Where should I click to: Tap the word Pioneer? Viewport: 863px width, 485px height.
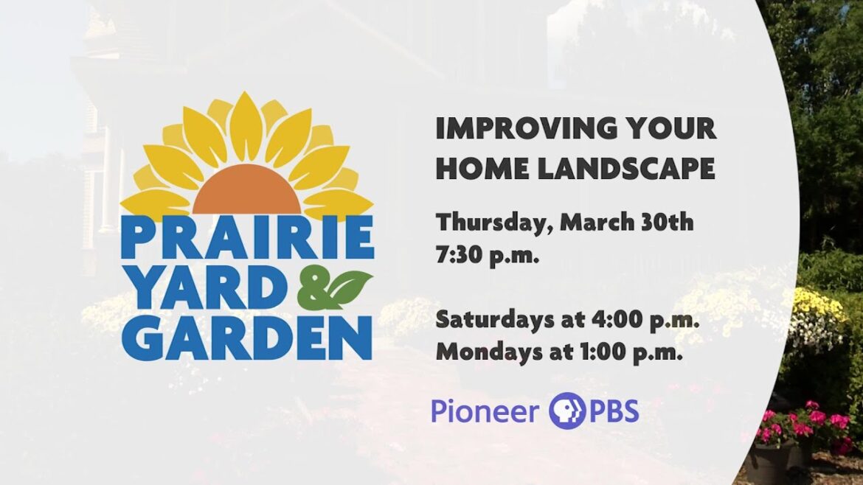point(485,411)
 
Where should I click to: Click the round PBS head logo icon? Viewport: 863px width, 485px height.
point(566,410)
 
